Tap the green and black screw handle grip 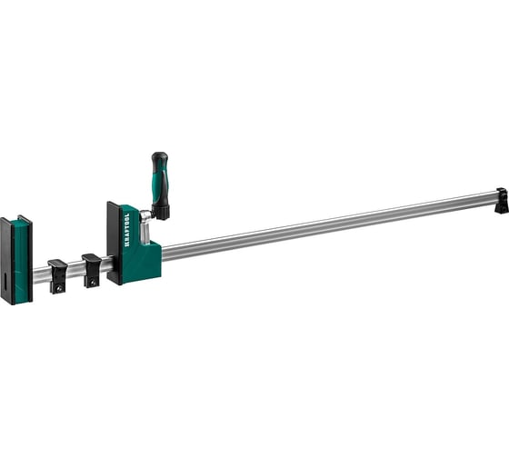click(160, 183)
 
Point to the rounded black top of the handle click(159, 156)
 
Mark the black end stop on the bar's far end click(501, 201)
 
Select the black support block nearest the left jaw click(57, 274)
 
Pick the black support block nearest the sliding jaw click(91, 269)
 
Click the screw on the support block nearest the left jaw click(58, 287)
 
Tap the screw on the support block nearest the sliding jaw click(92, 281)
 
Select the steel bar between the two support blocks click(75, 270)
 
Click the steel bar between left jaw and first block click(41, 274)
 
